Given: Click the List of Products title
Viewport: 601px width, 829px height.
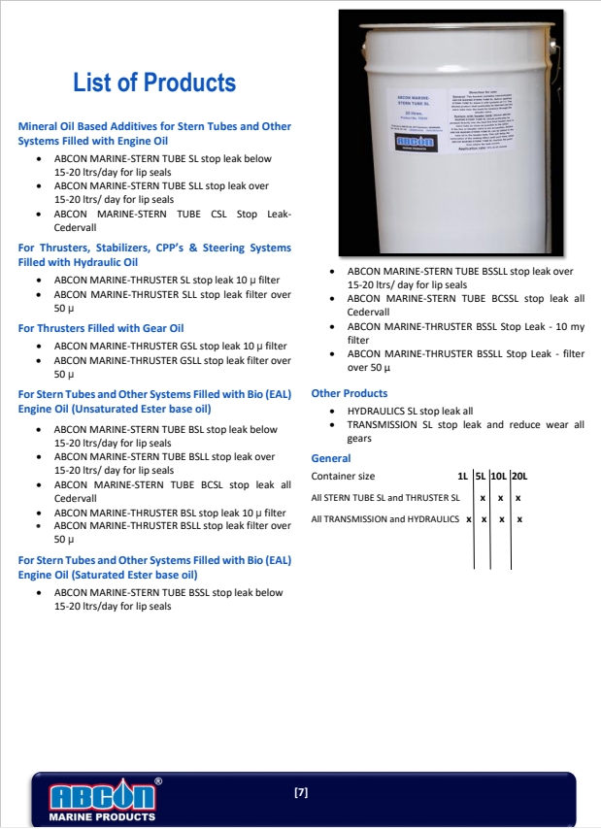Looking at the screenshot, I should point(154,83).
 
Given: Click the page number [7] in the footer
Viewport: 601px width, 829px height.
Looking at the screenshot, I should point(301,793).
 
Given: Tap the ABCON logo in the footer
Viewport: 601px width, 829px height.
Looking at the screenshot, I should point(102,796).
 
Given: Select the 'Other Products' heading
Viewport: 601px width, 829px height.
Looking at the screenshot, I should point(349,393).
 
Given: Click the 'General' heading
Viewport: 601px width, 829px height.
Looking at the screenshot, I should point(330,458).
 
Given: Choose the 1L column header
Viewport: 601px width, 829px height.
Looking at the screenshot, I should point(462,477).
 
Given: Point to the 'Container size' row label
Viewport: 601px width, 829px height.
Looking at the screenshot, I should point(343,477).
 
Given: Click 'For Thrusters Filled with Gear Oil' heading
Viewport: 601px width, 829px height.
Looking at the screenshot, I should point(101,328).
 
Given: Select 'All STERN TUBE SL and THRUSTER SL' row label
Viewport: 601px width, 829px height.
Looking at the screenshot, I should point(385,498).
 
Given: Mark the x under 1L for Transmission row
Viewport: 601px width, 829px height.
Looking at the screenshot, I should point(468,519).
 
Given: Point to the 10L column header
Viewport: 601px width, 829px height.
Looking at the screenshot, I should point(498,477).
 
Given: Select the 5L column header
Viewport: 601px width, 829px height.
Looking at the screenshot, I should point(480,477).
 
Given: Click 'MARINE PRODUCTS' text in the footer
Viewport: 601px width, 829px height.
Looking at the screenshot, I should point(102,817).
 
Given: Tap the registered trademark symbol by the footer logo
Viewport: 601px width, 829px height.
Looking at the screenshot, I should point(158,780).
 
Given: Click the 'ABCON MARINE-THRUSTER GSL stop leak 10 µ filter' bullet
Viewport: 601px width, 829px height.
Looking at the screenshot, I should point(170,347).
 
